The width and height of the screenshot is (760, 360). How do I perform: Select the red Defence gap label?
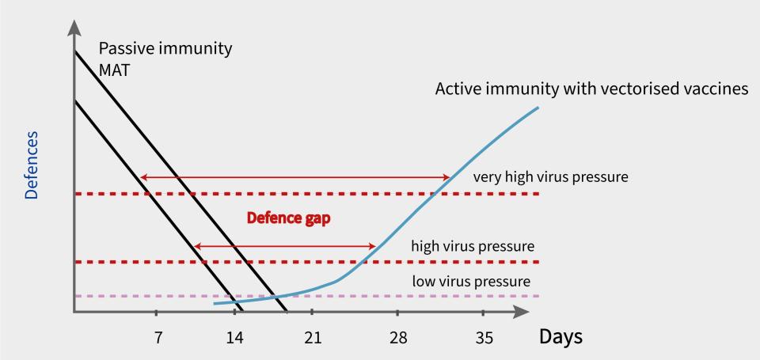(288, 218)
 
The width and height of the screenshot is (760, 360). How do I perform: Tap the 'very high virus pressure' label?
(550, 176)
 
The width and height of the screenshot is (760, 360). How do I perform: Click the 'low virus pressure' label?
(471, 281)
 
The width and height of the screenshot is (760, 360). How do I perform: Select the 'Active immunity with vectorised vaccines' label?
(591, 89)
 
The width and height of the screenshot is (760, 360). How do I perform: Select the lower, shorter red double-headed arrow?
(284, 247)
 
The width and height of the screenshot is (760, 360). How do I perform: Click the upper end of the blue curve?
(538, 107)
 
